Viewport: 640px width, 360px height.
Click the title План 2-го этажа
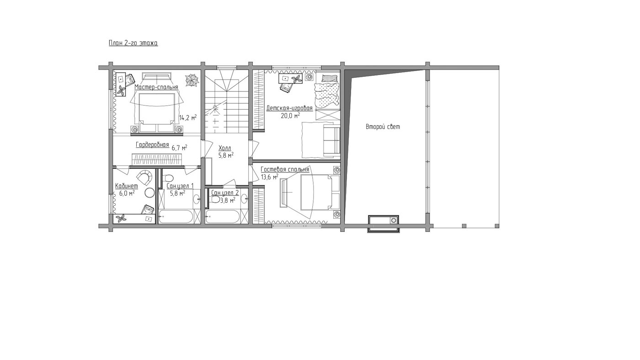tap(133, 43)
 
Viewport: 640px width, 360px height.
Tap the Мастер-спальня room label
tap(156, 87)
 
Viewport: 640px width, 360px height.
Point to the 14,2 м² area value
tap(188, 117)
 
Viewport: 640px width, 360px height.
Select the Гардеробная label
tap(152, 145)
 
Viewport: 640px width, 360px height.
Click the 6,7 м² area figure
tap(179, 148)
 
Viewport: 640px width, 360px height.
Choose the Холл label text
tap(224, 148)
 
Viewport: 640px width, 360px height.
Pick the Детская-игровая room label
tap(289, 108)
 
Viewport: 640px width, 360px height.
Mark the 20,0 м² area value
tap(291, 115)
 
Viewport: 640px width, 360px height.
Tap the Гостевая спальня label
tap(285, 170)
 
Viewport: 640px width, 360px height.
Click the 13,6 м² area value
tap(269, 177)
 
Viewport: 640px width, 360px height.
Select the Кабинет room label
tap(127, 186)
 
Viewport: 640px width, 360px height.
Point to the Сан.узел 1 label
tap(180, 186)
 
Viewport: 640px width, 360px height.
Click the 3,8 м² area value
tap(228, 200)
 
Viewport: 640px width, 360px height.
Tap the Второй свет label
tap(383, 127)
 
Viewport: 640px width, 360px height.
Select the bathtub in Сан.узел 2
tap(222, 217)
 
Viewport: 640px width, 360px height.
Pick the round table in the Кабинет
tap(149, 193)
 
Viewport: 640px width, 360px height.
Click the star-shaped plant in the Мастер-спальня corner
tap(192, 80)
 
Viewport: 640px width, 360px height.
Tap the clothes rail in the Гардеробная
tap(156, 160)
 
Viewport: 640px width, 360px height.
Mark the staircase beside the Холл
tap(226, 102)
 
